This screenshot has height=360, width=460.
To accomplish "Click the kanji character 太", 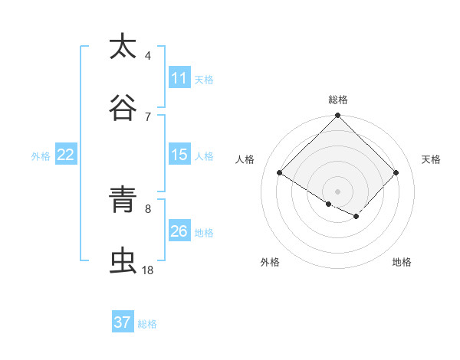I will pyautogui.click(x=123, y=47).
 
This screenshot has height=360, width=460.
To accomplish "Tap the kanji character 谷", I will pyautogui.click(x=123, y=108).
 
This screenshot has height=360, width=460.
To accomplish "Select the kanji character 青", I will pyautogui.click(x=123, y=201).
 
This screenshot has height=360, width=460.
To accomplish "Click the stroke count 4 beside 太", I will pyautogui.click(x=148, y=56).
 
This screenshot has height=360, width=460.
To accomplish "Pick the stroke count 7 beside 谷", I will pyautogui.click(x=148, y=116).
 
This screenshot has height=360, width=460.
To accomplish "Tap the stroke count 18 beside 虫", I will pyautogui.click(x=148, y=270).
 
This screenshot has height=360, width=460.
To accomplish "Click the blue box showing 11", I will pyautogui.click(x=179, y=78).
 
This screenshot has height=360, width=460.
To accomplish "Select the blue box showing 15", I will pyautogui.click(x=179, y=155).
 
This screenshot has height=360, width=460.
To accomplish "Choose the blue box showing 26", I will pyautogui.click(x=179, y=231).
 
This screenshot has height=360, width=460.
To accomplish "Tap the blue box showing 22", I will pyautogui.click(x=66, y=155).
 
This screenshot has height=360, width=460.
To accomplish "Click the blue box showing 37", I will pyautogui.click(x=123, y=322).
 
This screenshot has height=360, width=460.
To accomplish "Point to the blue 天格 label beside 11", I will pyautogui.click(x=204, y=79).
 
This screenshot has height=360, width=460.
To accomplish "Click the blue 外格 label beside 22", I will pyautogui.click(x=41, y=155).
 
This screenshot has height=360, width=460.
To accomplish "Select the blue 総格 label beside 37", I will pyautogui.click(x=147, y=323).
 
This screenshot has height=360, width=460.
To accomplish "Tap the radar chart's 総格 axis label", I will pyautogui.click(x=338, y=100).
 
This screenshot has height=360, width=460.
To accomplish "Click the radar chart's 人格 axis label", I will pyautogui.click(x=245, y=159).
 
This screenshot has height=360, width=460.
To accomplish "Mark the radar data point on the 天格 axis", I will pyautogui.click(x=396, y=173).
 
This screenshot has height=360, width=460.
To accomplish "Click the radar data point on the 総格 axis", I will pyautogui.click(x=338, y=116).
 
